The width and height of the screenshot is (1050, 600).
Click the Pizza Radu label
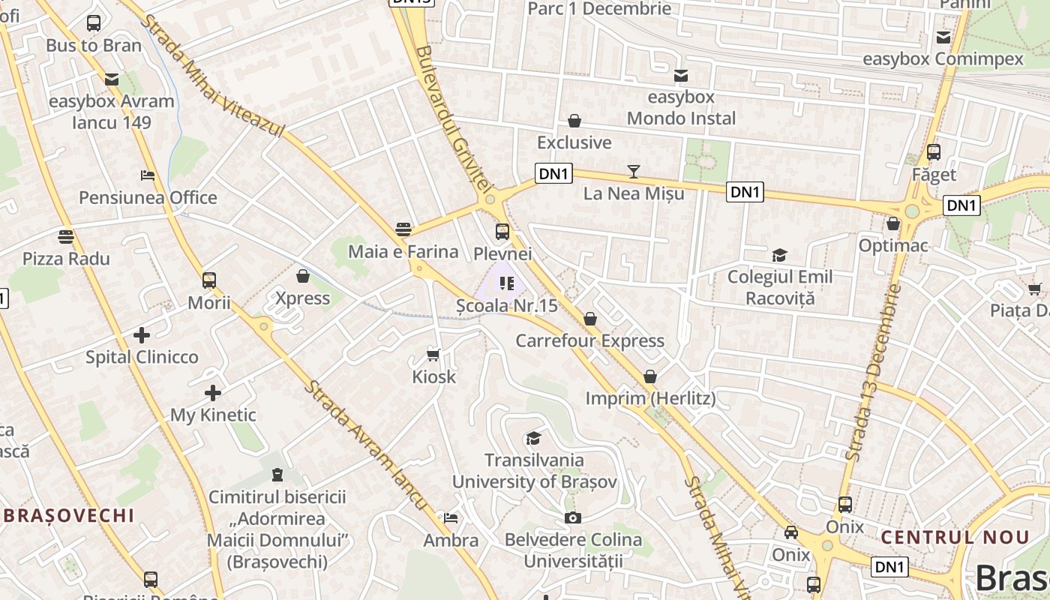tap(66, 259)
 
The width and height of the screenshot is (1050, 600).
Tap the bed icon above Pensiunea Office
tap(148, 175)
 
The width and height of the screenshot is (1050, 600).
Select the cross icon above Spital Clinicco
tap(142, 334)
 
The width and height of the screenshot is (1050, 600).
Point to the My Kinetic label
tap(213, 415)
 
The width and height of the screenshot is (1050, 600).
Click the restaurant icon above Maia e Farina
tap(403, 229)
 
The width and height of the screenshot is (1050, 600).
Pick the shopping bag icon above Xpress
tap(303, 276)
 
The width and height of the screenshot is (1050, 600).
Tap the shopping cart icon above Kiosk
tap(433, 354)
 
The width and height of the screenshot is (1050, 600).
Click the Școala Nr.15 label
tap(508, 306)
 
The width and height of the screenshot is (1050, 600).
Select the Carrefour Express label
tap(590, 340)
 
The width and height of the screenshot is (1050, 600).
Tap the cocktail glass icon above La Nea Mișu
tap(634, 172)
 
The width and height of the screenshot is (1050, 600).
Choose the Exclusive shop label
tap(574, 142)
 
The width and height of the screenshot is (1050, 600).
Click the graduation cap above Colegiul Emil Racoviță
tap(780, 255)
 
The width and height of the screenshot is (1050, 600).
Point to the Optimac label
tap(893, 245)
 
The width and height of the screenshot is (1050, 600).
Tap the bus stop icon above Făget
tap(934, 152)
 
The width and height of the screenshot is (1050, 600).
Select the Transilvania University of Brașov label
tap(534, 471)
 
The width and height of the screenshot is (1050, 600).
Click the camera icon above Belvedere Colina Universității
tap(573, 517)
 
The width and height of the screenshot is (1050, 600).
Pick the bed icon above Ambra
tap(451, 518)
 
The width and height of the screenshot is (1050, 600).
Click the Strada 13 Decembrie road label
tap(872, 372)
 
